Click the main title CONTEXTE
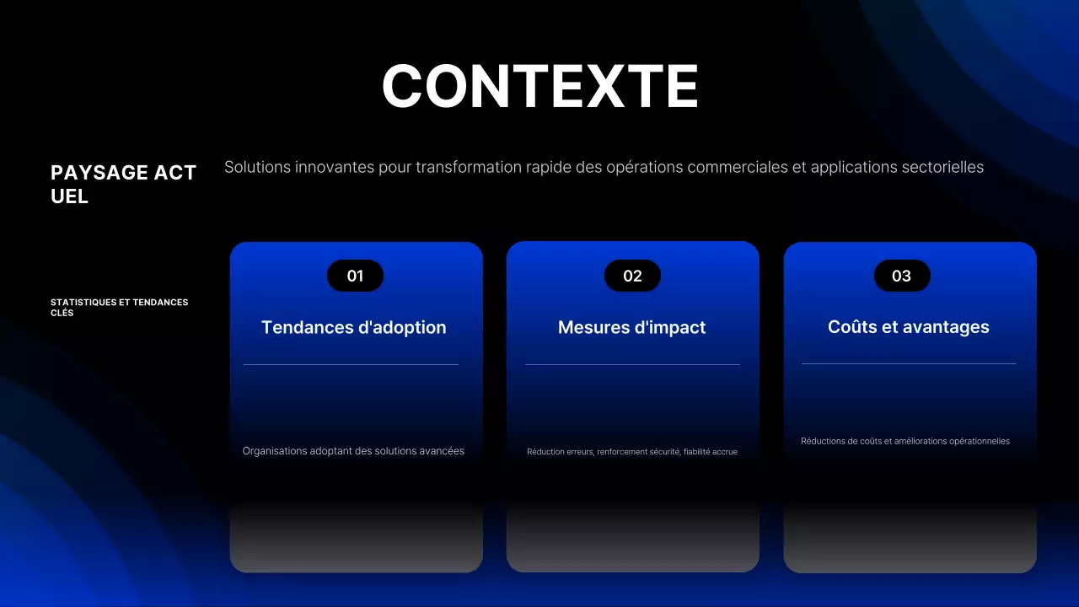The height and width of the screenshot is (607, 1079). pos(539,86)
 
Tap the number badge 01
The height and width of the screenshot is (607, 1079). pos(355,276)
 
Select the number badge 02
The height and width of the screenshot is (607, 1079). pos(632,276)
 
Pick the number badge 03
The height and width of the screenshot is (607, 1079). pos(901,276)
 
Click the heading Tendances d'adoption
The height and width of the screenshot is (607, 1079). pos(354,327)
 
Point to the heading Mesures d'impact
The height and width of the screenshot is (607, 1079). pos(632,327)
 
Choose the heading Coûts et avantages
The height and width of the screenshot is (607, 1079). pos(909,326)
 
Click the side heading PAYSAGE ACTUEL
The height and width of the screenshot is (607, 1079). pos(123,184)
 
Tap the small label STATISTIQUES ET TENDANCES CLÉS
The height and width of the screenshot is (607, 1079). pos(119,307)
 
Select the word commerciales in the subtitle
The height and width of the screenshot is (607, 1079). pos(738,167)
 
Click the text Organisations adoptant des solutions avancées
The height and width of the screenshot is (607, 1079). pos(353,451)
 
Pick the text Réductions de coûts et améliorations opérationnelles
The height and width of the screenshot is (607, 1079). pos(905,441)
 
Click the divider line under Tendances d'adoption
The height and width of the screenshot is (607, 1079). pos(351,365)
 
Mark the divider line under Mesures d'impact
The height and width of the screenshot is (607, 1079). pos(632,365)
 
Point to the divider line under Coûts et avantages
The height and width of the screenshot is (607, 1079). pos(909,364)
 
